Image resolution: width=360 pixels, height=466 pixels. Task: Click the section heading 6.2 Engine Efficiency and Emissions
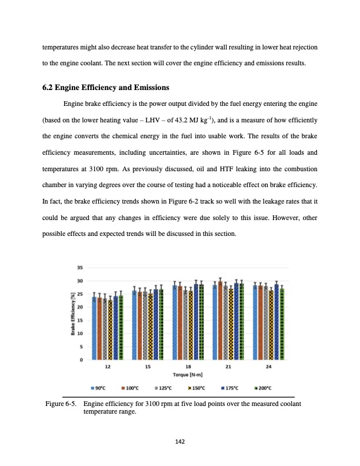[x=106, y=88]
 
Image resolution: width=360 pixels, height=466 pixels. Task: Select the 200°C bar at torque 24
[x=282, y=324]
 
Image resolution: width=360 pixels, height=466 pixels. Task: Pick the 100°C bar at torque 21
[x=220, y=321]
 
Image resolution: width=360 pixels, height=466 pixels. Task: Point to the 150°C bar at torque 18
[x=191, y=325]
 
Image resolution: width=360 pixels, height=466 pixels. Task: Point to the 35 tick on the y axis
[x=79, y=268]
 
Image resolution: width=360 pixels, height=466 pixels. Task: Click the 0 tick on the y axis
[x=81, y=360]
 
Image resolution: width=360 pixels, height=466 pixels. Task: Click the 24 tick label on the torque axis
[x=269, y=367]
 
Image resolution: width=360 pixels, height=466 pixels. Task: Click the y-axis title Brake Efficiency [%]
[x=73, y=314]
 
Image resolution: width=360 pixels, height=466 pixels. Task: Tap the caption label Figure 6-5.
[x=62, y=404]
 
